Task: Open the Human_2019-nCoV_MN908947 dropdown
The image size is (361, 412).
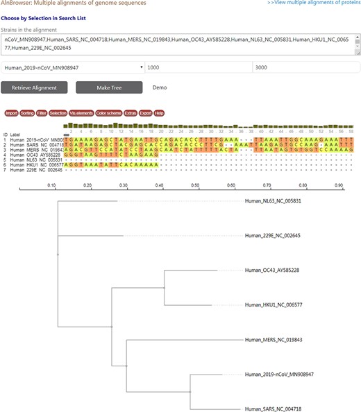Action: (x=72, y=67)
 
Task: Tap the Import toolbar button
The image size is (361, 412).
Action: (x=11, y=112)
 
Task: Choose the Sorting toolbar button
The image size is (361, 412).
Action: (x=27, y=112)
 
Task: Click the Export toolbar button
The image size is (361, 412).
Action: (x=145, y=112)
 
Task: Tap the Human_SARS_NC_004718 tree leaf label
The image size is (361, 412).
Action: (x=272, y=409)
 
